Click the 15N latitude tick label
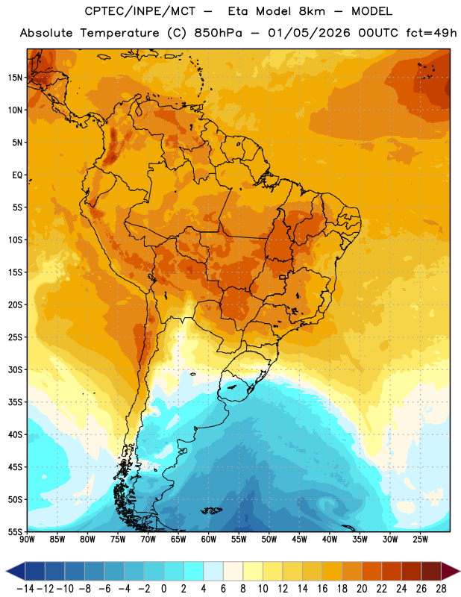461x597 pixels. (x=15, y=78)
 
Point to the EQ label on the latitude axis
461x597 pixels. (x=17, y=175)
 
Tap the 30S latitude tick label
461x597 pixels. (x=15, y=369)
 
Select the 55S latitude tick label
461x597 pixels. (x=15, y=532)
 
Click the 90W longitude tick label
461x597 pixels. (x=27, y=539)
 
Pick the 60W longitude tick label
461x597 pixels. (x=209, y=539)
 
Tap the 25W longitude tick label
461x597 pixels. (x=420, y=539)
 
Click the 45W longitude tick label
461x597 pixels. (x=299, y=539)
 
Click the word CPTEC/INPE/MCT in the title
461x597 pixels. (x=140, y=11)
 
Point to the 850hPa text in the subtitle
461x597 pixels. (x=218, y=33)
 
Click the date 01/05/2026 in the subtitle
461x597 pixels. (x=309, y=33)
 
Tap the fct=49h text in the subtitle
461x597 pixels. (x=431, y=33)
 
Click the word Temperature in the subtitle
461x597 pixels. (x=119, y=33)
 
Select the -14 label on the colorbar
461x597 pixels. (x=26, y=589)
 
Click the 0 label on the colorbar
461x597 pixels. (x=163, y=589)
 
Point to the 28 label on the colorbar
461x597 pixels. (x=441, y=589)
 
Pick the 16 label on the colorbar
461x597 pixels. (x=322, y=589)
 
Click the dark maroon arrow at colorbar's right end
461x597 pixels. (x=451, y=571)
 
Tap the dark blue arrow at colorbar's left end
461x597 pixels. (x=16, y=571)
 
